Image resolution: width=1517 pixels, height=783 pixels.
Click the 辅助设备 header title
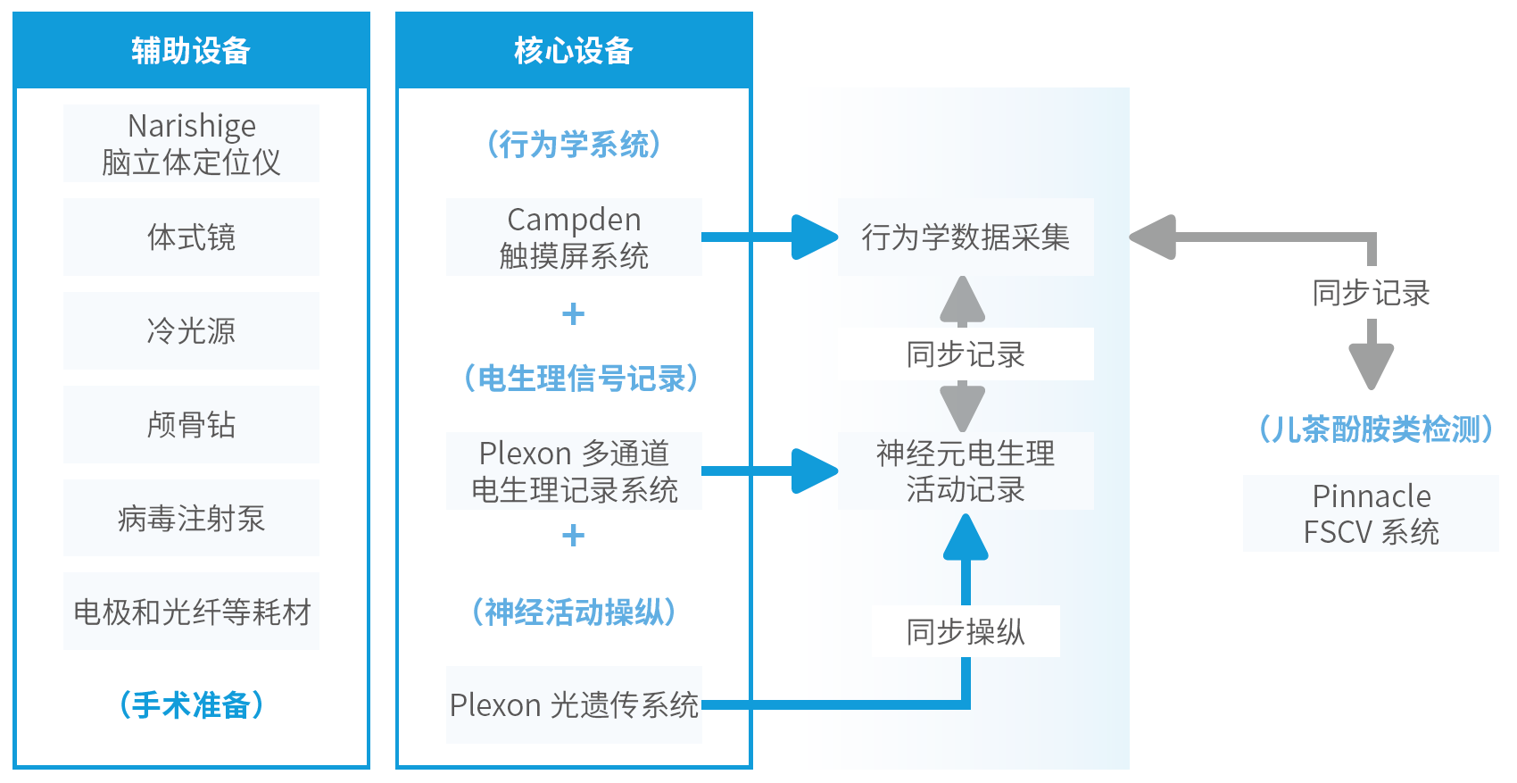click(191, 51)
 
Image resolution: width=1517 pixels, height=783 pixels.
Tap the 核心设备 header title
click(574, 51)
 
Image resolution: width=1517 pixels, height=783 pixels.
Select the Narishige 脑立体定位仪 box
click(192, 143)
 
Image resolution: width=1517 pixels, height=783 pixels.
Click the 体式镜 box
click(192, 237)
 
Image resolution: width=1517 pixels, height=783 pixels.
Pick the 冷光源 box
click(192, 330)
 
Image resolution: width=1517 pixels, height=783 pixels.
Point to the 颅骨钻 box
click(192, 425)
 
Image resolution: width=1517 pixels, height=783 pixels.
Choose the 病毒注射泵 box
click(192, 518)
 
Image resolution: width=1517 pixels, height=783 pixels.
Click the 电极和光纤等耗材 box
click(192, 612)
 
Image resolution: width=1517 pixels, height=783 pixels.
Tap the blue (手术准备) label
click(192, 705)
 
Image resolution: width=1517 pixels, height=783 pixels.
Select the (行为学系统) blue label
click(574, 145)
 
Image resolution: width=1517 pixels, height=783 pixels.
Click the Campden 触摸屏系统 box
click(574, 237)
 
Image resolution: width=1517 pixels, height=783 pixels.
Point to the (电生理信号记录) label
click(580, 378)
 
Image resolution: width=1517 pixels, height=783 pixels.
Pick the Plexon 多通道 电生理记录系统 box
click(574, 471)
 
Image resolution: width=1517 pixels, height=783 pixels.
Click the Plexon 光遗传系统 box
click(574, 705)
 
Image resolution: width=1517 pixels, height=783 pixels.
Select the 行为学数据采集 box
click(966, 237)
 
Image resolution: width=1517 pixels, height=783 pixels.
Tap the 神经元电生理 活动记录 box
click(966, 471)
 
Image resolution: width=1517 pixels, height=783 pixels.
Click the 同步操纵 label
click(966, 631)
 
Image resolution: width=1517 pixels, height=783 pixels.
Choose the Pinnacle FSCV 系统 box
click(1371, 513)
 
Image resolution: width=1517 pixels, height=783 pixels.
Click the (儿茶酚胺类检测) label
click(1375, 429)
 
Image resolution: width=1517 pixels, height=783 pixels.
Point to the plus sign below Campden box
click(574, 313)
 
